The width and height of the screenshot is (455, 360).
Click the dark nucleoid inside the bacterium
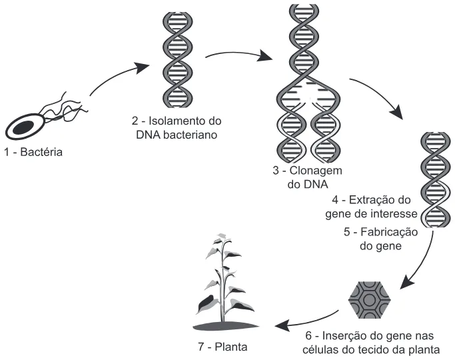click(x=24, y=127)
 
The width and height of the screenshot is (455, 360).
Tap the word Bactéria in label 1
click(x=41, y=152)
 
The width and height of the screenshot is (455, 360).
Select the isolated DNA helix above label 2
click(x=178, y=60)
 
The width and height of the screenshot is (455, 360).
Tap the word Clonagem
click(x=316, y=171)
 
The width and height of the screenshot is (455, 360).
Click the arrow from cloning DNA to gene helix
click(x=380, y=93)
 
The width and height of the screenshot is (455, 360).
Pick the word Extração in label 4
click(x=372, y=200)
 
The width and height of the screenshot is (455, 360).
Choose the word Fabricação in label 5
click(x=389, y=232)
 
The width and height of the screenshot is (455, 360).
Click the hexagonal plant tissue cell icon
click(x=370, y=300)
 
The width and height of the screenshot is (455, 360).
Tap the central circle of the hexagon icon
click(x=370, y=300)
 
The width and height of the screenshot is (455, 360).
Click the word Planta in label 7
click(x=231, y=347)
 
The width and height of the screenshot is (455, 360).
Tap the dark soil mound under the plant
click(x=226, y=326)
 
